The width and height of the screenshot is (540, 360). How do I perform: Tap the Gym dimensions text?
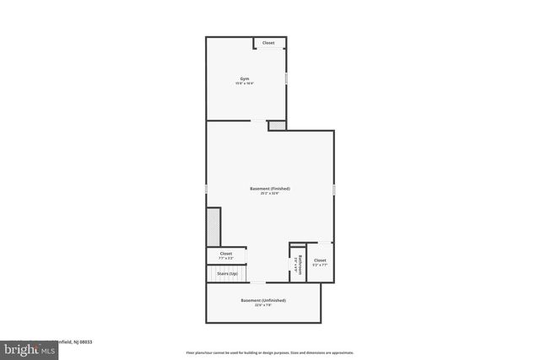pyautogui.click(x=245, y=84)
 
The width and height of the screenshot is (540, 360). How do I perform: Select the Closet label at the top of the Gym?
pyautogui.click(x=268, y=43)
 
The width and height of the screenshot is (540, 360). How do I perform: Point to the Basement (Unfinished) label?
pyautogui.click(x=263, y=300)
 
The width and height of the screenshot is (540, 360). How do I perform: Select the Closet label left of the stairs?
pyautogui.click(x=226, y=253)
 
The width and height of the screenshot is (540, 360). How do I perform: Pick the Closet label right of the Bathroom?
pyautogui.click(x=320, y=261)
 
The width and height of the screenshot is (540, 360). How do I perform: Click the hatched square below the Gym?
pyautogui.click(x=277, y=126)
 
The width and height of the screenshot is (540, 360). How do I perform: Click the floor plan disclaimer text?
pyautogui.click(x=269, y=352)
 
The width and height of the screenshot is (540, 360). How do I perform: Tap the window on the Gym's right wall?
pyautogui.click(x=286, y=78)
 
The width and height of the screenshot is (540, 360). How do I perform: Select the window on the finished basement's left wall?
pyautogui.click(x=207, y=188)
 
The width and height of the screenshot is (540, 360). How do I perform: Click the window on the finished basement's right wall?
pyautogui.click(x=333, y=189)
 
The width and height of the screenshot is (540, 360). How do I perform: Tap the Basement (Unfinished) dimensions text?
pyautogui.click(x=263, y=305)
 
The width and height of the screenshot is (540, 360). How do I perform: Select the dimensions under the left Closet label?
pyautogui.click(x=226, y=258)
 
